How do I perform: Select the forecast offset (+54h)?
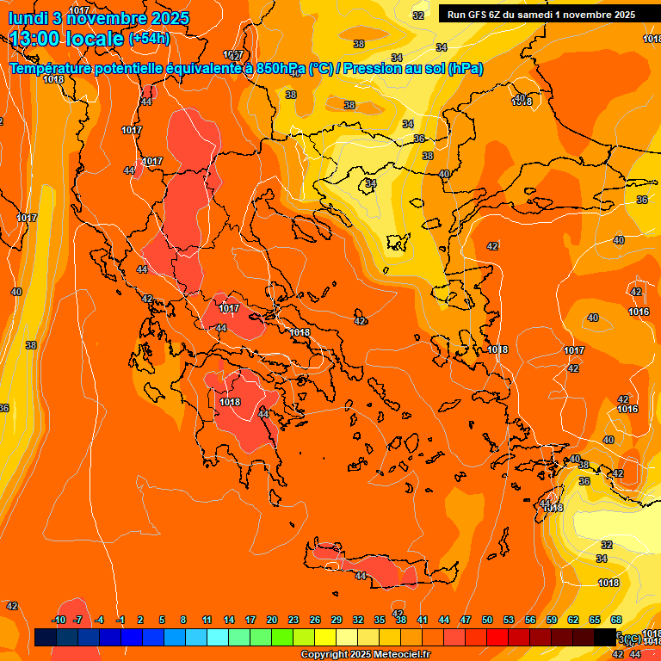pos(149,39)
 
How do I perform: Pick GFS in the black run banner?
pos(479,15)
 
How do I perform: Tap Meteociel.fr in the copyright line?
pos(401,655)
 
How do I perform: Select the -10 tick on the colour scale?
pos(59,620)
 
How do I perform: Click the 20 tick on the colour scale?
pos(272,620)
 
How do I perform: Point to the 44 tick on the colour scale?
pos(444,620)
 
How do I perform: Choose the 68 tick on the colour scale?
pos(616,620)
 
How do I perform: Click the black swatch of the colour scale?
pos(606,637)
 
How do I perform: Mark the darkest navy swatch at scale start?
pos(46,637)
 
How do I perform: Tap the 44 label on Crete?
pos(360,576)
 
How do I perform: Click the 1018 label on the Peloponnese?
pos(230,402)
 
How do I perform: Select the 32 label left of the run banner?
pos(418,15)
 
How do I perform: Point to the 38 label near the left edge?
pos(31,345)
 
